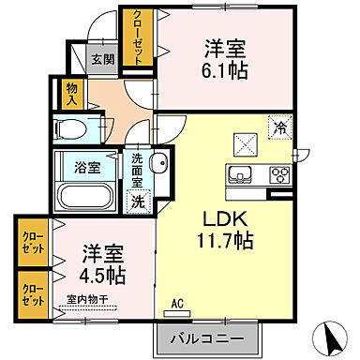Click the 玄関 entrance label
coord(102,59)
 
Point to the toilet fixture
coord(70,127)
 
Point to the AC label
coord(177,304)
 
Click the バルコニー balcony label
coord(207,337)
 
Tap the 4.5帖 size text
coord(102,276)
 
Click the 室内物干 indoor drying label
coord(86,300)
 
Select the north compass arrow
coord(331,335)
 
